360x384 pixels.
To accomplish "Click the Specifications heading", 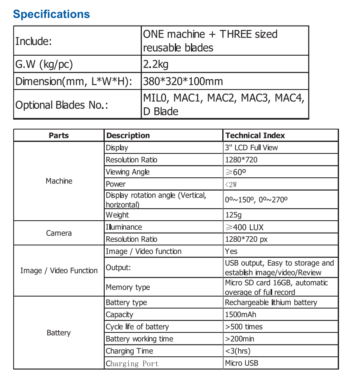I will (x=51, y=14).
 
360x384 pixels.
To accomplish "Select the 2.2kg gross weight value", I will (x=155, y=64).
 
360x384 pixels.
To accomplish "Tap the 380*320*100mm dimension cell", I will (x=183, y=81).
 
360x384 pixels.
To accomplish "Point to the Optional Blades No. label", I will (x=61, y=105).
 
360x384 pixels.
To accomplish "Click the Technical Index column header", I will (x=255, y=135).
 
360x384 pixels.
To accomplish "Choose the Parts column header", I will (x=59, y=135).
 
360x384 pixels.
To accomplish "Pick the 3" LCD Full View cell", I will (x=251, y=148).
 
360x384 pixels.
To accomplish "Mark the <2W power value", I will (x=231, y=184).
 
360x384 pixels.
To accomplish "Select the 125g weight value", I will (x=233, y=215).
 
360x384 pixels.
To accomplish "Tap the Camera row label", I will (x=59, y=233).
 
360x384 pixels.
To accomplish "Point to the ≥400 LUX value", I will (x=244, y=227).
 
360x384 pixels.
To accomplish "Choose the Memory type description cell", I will (x=128, y=287).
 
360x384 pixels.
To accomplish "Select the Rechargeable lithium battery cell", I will (x=271, y=302).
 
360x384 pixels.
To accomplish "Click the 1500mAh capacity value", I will (x=240, y=315).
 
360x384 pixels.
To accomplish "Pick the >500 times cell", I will (x=243, y=327).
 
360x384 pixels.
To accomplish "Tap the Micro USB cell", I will (x=242, y=363).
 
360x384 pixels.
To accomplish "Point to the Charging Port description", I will (x=132, y=364).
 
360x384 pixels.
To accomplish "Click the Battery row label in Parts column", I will (x=59, y=333).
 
